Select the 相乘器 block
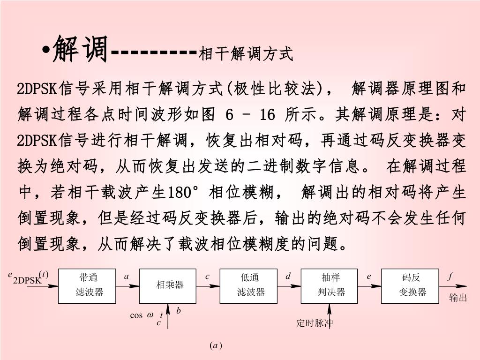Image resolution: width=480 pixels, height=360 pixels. (168, 285)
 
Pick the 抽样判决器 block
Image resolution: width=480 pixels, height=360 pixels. (330, 285)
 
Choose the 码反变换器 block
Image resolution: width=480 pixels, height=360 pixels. (410, 285)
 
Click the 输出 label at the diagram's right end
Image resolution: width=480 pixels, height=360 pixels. (458, 298)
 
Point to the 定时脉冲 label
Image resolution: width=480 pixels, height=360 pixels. (315, 323)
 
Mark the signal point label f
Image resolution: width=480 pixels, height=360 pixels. (450, 277)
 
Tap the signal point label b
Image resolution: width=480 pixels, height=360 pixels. (179, 311)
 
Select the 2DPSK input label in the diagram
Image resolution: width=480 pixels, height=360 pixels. (27, 280)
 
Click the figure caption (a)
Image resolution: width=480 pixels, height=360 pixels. (216, 346)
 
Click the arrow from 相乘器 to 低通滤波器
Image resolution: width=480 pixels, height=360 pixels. (208, 286)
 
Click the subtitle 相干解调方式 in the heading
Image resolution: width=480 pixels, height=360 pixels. (246, 54)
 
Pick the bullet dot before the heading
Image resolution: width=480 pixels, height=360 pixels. (47, 50)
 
